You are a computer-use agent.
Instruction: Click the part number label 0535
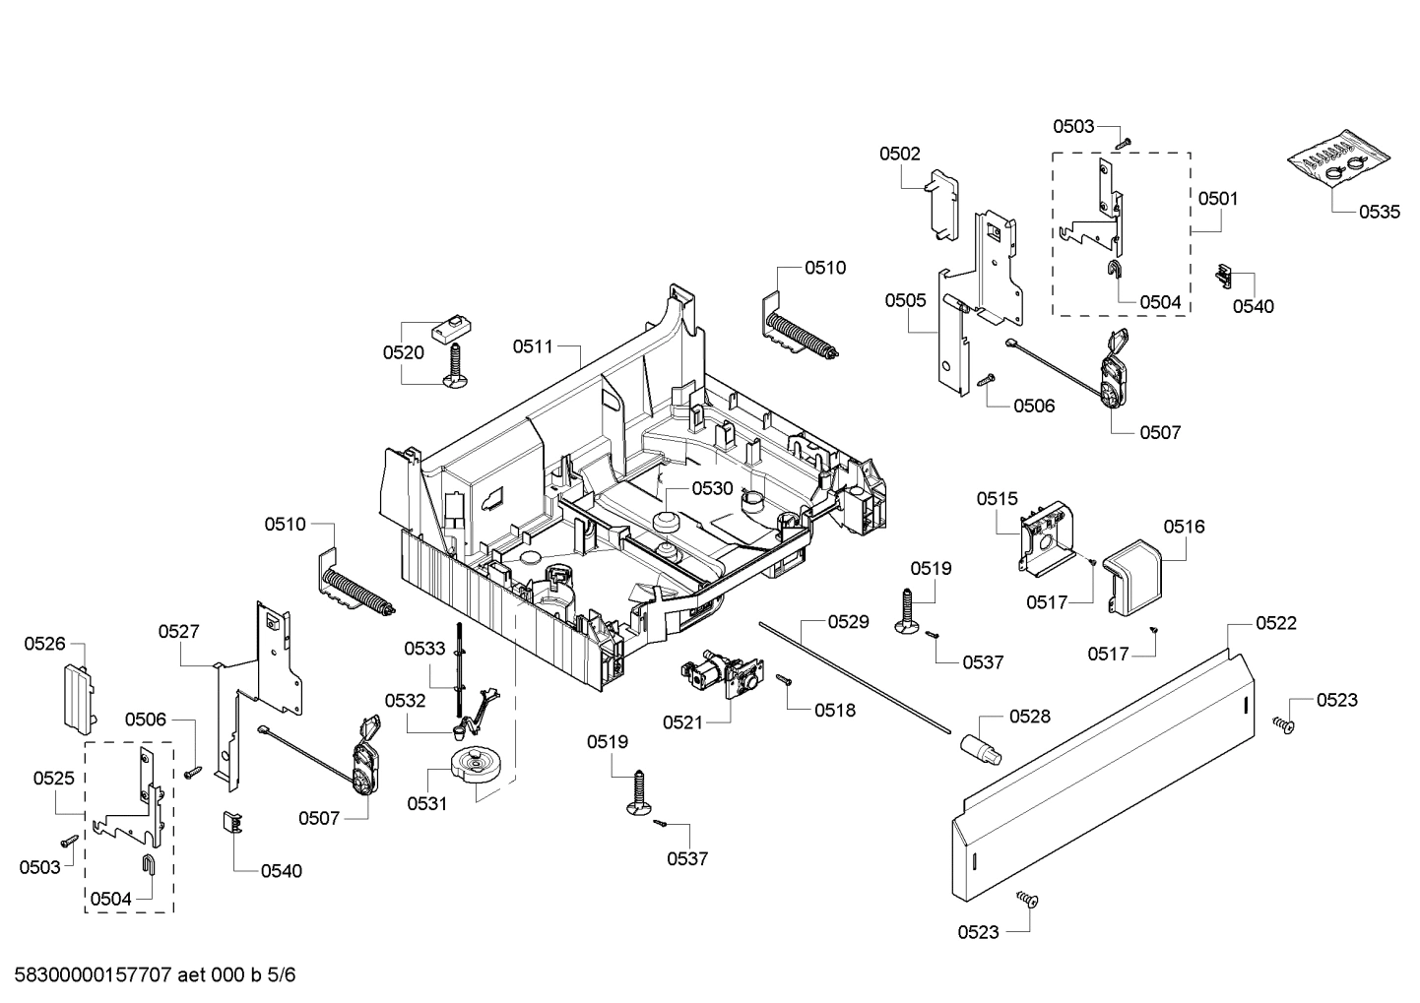pos(1379,212)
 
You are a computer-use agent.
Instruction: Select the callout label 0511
pos(533,346)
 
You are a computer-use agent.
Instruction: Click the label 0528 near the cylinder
pos(1029,718)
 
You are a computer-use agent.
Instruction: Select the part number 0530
pos(712,488)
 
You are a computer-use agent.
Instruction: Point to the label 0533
pos(425,648)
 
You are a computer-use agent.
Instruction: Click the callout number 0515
pos(998,499)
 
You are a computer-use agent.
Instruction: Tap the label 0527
pos(179,631)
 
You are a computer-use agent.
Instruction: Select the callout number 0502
pos(900,154)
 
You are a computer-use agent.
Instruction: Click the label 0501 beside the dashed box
pos(1218,199)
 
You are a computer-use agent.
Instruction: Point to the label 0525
pos(54,778)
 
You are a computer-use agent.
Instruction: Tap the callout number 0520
pos(404,352)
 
